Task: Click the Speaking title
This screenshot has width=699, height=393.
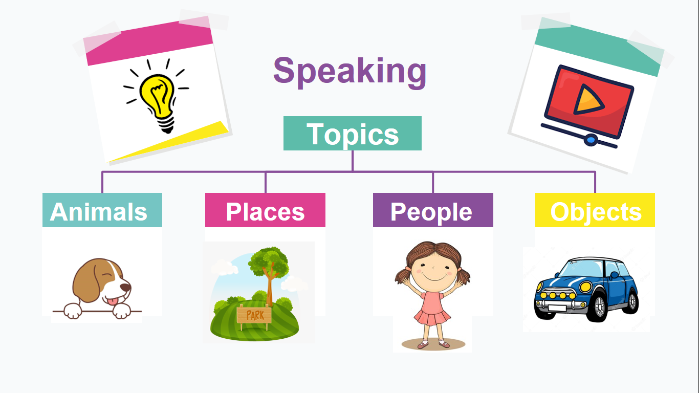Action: coord(349,71)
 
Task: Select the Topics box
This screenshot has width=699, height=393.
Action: coord(353,134)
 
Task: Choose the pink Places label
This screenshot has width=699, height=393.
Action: coord(265,211)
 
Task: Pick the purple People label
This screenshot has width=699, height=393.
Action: coord(432,211)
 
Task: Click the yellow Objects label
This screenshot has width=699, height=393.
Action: coord(595,211)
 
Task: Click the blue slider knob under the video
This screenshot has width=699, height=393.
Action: coord(591,139)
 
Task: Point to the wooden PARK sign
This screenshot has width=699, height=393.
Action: coord(255,315)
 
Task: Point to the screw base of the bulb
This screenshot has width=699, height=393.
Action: coord(166,123)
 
